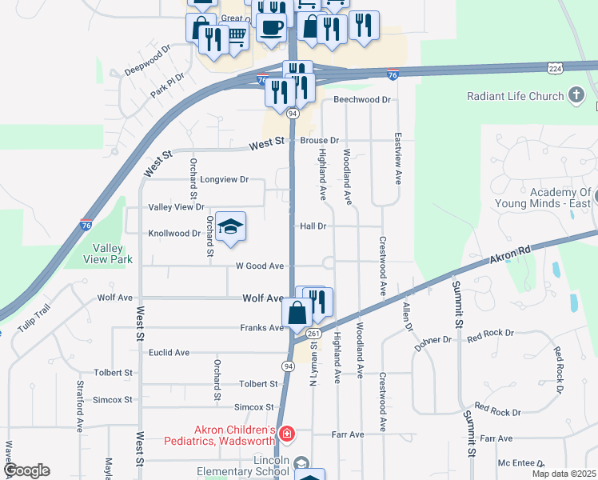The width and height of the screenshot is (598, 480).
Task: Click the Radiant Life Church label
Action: (x=515, y=97)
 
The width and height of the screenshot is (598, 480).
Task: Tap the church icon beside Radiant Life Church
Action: (x=575, y=97)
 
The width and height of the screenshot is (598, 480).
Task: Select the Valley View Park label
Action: (x=108, y=254)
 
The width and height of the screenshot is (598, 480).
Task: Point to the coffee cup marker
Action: (x=270, y=26)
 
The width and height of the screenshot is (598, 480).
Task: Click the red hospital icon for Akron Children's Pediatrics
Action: (x=287, y=435)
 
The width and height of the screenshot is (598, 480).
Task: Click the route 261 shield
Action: (x=313, y=334)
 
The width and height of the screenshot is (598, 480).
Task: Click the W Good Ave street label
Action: (x=260, y=266)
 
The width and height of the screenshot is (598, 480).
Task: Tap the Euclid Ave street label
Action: (x=169, y=352)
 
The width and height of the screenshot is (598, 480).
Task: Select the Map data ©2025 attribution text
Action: (x=564, y=474)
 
